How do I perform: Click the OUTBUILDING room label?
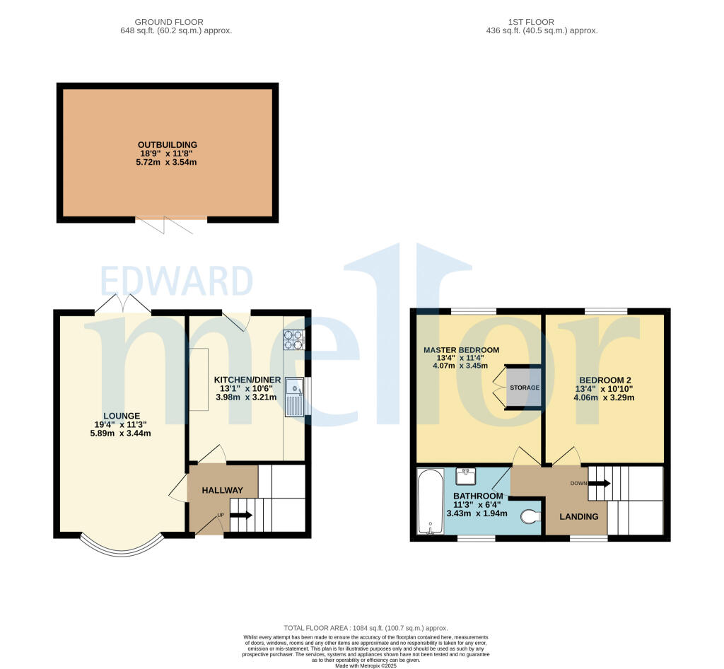168,145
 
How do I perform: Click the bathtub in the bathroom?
429,500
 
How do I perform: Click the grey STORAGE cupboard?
524,388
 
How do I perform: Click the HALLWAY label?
223,490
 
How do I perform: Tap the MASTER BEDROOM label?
461,350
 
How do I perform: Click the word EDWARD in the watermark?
176,282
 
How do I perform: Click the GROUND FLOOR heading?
176,22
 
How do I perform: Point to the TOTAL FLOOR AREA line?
366,628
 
